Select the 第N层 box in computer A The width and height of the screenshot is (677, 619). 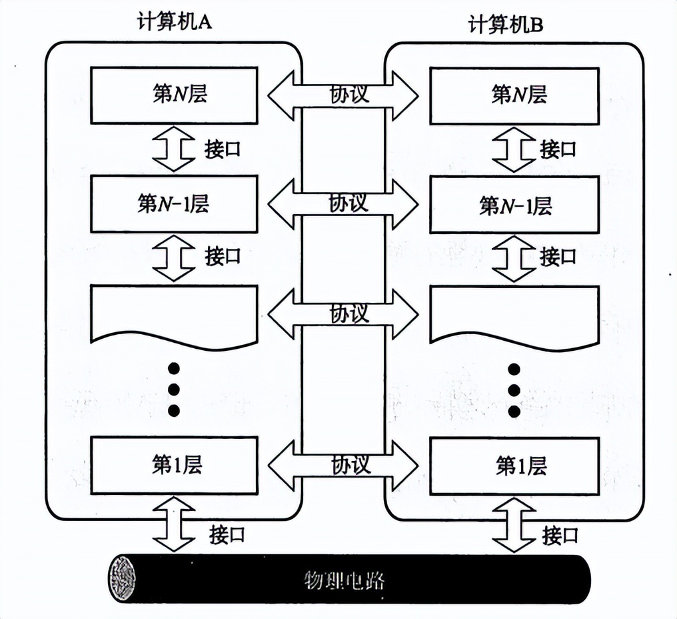coord(174,95)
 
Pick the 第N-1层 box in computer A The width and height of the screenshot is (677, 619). coord(174,203)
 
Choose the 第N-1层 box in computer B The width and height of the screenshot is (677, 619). coord(513,205)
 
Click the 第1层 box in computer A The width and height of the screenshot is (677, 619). coord(174,465)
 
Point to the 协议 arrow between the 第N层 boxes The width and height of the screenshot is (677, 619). coord(343,95)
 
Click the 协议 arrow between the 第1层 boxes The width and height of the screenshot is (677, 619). coord(343,465)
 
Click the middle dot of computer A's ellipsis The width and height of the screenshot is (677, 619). coord(174,390)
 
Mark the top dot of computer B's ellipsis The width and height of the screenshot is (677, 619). coord(514,369)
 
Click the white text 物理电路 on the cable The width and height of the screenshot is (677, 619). coord(344,580)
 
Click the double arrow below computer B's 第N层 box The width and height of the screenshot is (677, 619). coord(513,149)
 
